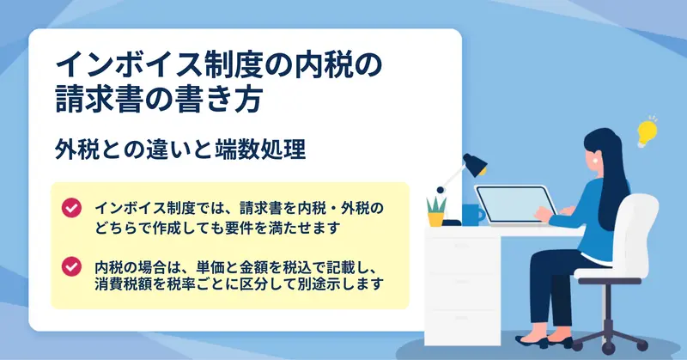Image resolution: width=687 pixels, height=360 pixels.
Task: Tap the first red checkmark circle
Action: pos(71,207)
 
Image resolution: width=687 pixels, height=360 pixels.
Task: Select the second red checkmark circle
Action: pos(71,266)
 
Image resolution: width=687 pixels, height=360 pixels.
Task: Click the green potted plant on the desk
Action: pos(436,211)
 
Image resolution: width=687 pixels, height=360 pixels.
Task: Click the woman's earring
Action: pos(595,160)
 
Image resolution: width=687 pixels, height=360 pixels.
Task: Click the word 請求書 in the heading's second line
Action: pos(99,100)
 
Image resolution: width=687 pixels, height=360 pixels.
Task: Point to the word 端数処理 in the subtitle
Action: pos(261,149)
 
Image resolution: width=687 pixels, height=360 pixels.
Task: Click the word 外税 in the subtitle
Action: pos(76,149)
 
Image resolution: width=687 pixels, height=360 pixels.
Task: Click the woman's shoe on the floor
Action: pos(532,342)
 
